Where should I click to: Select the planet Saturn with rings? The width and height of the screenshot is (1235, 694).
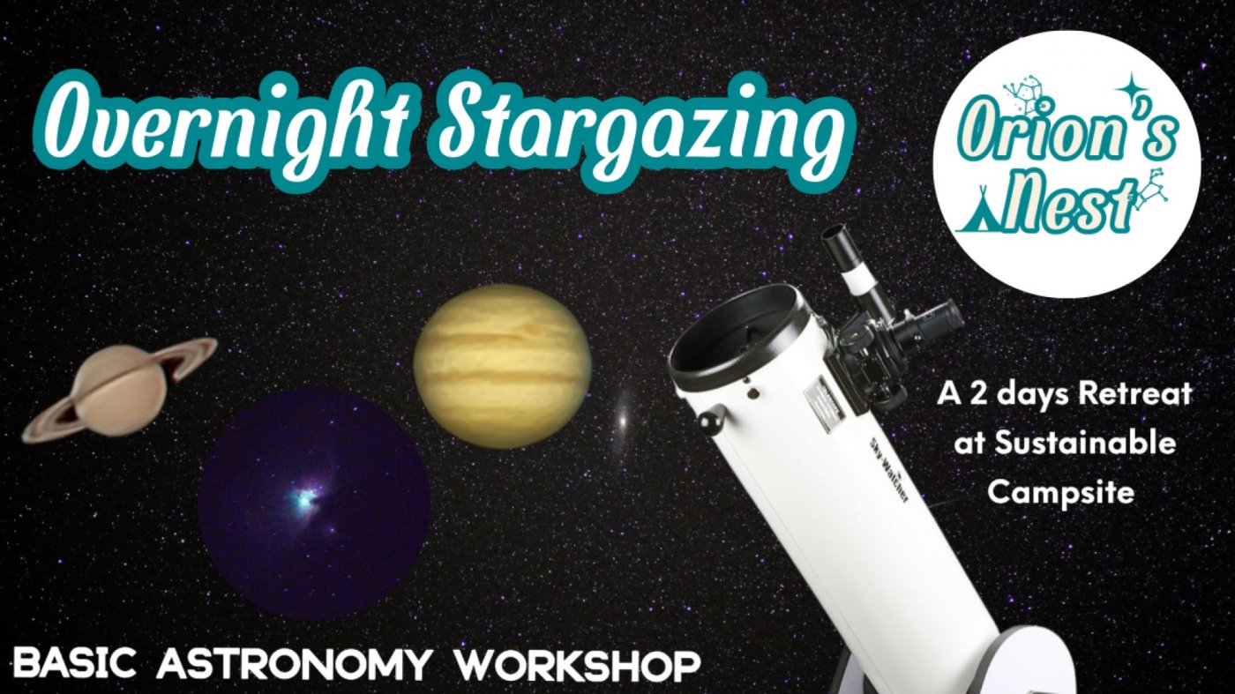[119, 389]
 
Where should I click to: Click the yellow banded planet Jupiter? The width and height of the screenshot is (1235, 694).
[502, 366]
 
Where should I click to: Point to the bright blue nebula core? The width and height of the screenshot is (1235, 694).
[307, 499]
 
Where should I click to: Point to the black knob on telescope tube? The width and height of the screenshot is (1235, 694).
[711, 418]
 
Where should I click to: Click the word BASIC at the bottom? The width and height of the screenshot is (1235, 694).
[79, 664]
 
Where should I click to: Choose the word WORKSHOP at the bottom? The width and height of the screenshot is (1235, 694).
[578, 664]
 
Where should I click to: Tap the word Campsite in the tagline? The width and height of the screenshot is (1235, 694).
[1060, 492]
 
